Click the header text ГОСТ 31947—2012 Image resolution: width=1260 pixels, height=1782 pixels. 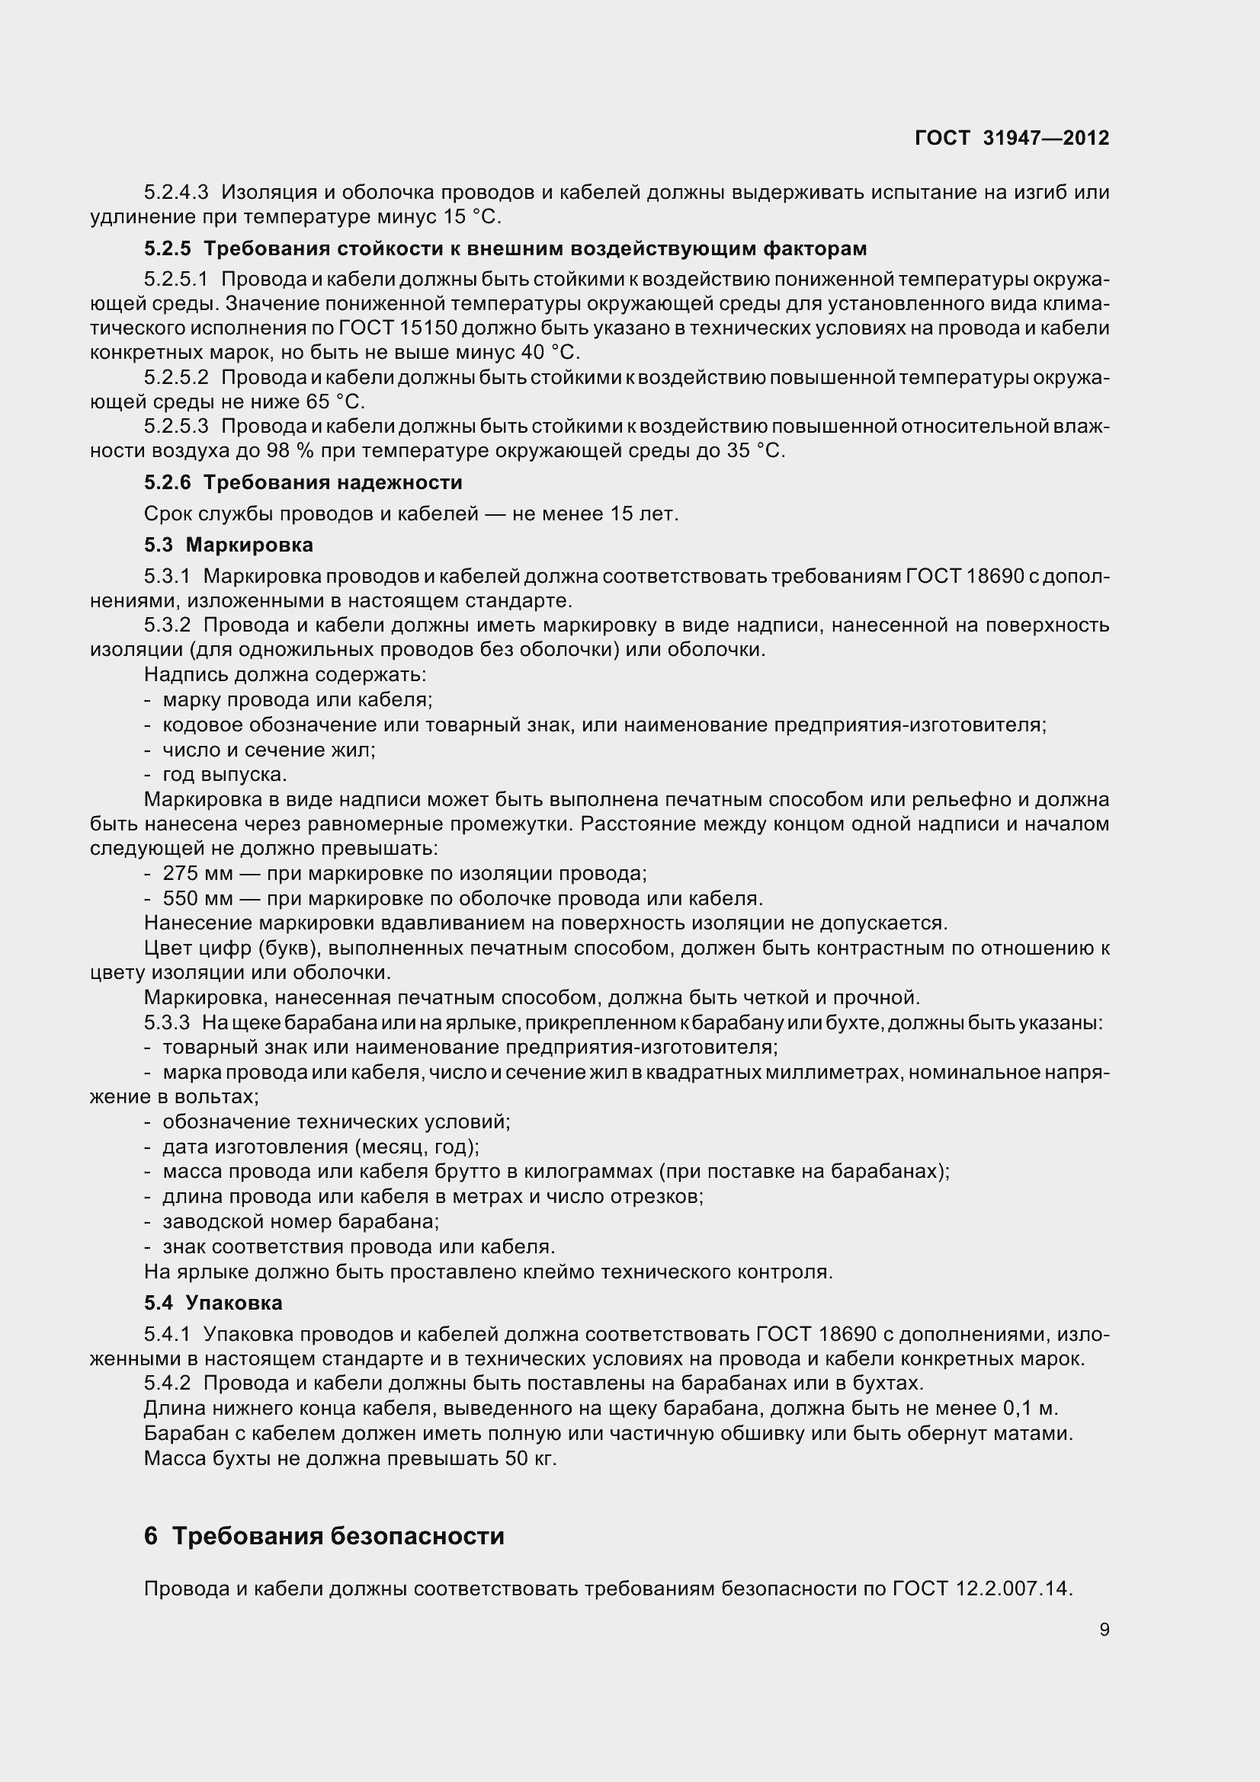(x=1012, y=138)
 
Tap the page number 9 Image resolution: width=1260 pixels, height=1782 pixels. (x=1104, y=1629)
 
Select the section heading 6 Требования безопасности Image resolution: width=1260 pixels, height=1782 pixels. (x=324, y=1535)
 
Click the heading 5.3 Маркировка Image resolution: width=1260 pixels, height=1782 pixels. (x=228, y=545)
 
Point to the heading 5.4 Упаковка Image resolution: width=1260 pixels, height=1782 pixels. (x=213, y=1302)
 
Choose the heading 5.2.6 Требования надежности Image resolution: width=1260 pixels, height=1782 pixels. (x=303, y=483)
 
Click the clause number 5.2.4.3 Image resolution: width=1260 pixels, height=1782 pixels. (x=176, y=193)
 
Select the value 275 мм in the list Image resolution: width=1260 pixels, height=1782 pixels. (x=197, y=874)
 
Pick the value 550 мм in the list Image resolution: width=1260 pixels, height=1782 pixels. (x=197, y=899)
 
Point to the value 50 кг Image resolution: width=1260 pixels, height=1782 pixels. (x=531, y=1458)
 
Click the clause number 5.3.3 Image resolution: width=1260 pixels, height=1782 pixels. (x=167, y=1023)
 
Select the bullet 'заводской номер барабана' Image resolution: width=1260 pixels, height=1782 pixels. (x=300, y=1221)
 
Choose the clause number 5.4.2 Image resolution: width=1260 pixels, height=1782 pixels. (x=167, y=1384)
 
